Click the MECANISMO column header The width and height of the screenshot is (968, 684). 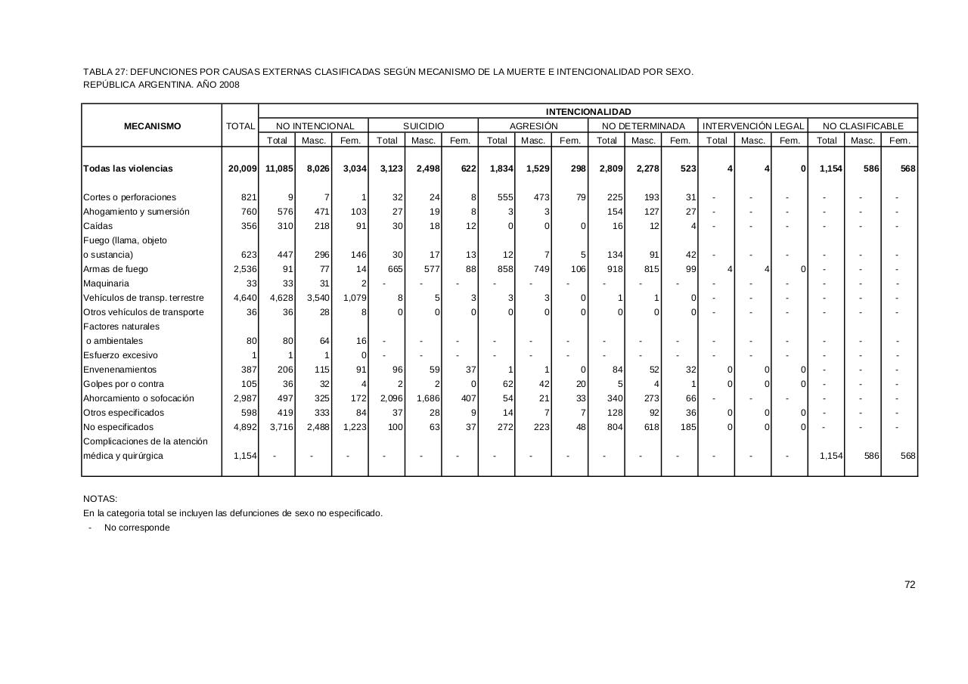click(x=152, y=126)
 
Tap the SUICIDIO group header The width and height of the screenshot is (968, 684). click(x=423, y=126)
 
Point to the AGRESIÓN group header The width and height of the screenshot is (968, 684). click(x=533, y=126)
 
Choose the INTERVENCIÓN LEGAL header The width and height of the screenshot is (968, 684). click(x=752, y=126)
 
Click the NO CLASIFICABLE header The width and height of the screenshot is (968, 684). click(x=863, y=126)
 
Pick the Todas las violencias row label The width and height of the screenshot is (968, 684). click(x=128, y=169)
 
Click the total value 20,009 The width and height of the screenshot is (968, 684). click(x=243, y=169)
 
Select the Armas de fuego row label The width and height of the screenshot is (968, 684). click(x=116, y=269)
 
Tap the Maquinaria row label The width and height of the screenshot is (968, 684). click(x=106, y=283)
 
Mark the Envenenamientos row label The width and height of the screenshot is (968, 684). click(x=119, y=370)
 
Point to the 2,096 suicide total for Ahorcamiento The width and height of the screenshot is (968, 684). click(x=390, y=398)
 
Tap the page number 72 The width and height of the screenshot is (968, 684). click(x=910, y=584)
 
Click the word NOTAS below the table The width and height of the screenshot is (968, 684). click(x=100, y=499)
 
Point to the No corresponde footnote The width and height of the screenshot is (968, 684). click(x=137, y=528)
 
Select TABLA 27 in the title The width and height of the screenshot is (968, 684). click(x=105, y=72)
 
